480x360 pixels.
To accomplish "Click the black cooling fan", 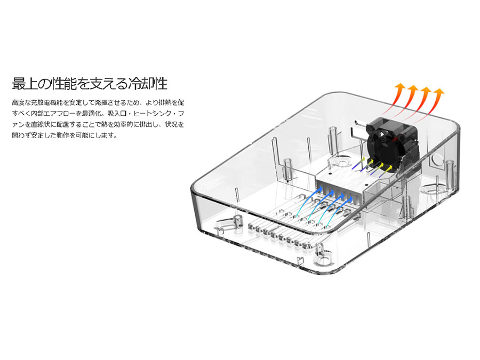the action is pyautogui.click(x=393, y=142).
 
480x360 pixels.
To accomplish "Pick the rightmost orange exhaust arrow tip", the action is pyautogui.click(x=439, y=91).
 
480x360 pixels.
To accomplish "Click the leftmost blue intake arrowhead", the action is pyautogui.click(x=319, y=189).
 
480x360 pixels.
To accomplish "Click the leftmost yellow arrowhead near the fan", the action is pyautogui.click(x=363, y=159).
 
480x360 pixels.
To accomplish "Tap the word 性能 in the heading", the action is pyautogui.click(x=64, y=83).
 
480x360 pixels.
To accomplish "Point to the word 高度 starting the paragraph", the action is pyautogui.click(x=18, y=102).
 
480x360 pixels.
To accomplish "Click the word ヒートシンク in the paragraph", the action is pyautogui.click(x=151, y=114).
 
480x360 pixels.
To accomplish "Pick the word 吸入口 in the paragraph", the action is pyautogui.click(x=117, y=114).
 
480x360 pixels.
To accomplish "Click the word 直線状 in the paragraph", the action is pyautogui.click(x=41, y=124).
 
